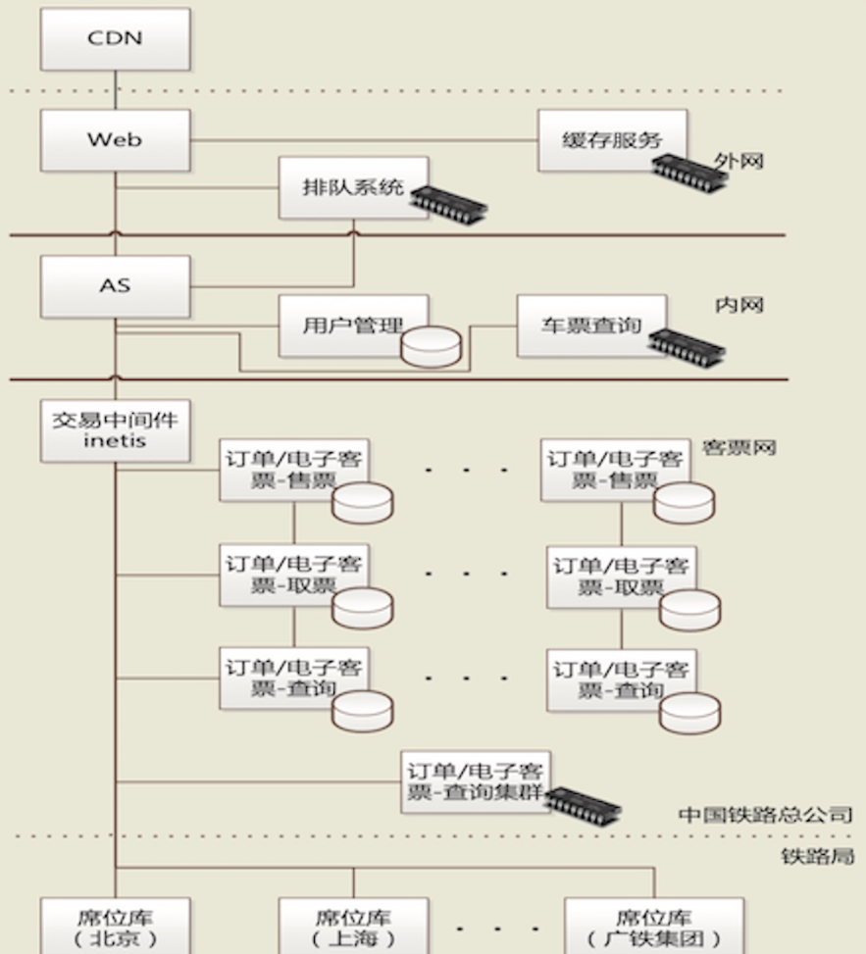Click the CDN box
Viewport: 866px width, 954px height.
[115, 39]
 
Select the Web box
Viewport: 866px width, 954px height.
[115, 140]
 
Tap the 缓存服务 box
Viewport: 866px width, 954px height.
[611, 140]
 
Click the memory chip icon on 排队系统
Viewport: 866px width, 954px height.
[448, 200]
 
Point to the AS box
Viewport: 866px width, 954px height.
[115, 286]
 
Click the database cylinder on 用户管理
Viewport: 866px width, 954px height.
[431, 346]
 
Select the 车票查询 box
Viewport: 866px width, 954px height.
[590, 325]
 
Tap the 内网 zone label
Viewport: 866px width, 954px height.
[739, 306]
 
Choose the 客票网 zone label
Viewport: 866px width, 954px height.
[739, 448]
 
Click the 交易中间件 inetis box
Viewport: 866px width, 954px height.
[115, 430]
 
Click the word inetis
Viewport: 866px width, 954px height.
[115, 441]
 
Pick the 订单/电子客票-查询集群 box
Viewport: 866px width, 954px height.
[476, 781]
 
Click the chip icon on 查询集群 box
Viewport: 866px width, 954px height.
[583, 803]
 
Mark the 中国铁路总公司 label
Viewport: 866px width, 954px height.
[765, 815]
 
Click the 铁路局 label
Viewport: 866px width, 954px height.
[817, 856]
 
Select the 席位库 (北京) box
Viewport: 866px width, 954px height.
[115, 927]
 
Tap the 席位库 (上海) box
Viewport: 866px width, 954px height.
[353, 927]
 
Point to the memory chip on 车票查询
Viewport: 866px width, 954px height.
[687, 344]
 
